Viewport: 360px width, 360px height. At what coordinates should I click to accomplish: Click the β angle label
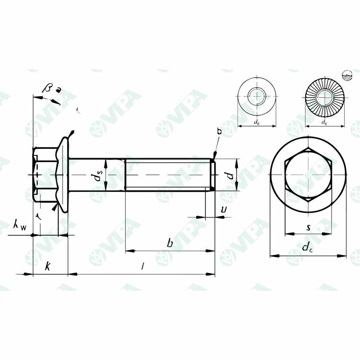click(x=48, y=87)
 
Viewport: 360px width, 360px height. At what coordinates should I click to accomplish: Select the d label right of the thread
click(x=229, y=175)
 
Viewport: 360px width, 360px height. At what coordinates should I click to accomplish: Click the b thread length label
click(x=170, y=243)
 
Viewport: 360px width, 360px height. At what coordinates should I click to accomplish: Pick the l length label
click(x=143, y=267)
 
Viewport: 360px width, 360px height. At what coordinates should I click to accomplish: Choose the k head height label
click(x=47, y=266)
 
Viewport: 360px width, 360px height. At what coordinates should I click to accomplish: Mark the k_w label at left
click(x=20, y=226)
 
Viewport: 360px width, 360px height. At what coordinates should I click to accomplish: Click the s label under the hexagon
click(x=308, y=227)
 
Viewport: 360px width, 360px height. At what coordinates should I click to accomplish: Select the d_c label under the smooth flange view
click(x=256, y=122)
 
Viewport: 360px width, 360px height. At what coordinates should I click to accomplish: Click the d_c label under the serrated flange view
click(x=324, y=122)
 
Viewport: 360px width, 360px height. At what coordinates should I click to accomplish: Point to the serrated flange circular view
click(x=324, y=98)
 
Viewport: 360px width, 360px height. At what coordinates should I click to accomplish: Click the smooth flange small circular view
click(x=256, y=97)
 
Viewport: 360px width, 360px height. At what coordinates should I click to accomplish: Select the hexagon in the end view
click(x=308, y=175)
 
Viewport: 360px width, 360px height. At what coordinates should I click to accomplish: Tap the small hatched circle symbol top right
click(x=347, y=75)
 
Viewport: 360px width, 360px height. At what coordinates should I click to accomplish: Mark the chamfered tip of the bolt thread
click(x=213, y=175)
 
